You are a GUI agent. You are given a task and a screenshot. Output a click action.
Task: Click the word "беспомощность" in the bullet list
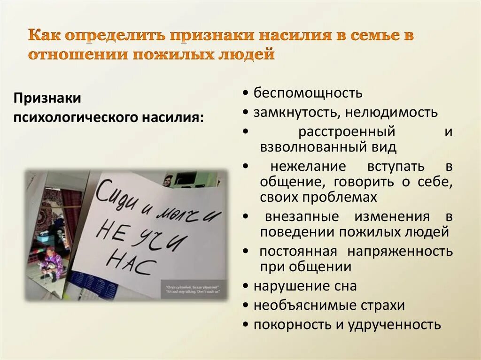(x=308, y=93)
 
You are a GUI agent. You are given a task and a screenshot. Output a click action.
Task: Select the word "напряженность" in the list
(x=400, y=252)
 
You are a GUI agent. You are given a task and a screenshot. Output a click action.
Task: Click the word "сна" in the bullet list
(x=346, y=286)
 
